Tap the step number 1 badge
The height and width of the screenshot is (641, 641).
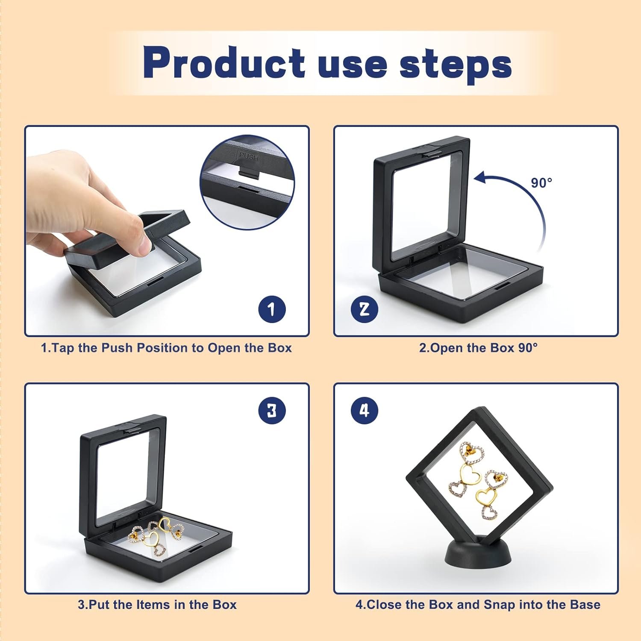(272, 309)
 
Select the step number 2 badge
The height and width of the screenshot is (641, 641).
(364, 309)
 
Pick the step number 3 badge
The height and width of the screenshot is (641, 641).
(272, 411)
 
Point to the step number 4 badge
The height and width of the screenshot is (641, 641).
(364, 411)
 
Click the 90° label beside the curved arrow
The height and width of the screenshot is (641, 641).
(541, 183)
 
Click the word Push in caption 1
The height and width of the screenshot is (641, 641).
(117, 348)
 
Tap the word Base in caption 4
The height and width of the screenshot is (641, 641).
(584, 605)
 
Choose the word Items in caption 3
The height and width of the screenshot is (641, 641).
(150, 605)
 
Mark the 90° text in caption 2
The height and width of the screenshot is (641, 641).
(528, 348)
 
